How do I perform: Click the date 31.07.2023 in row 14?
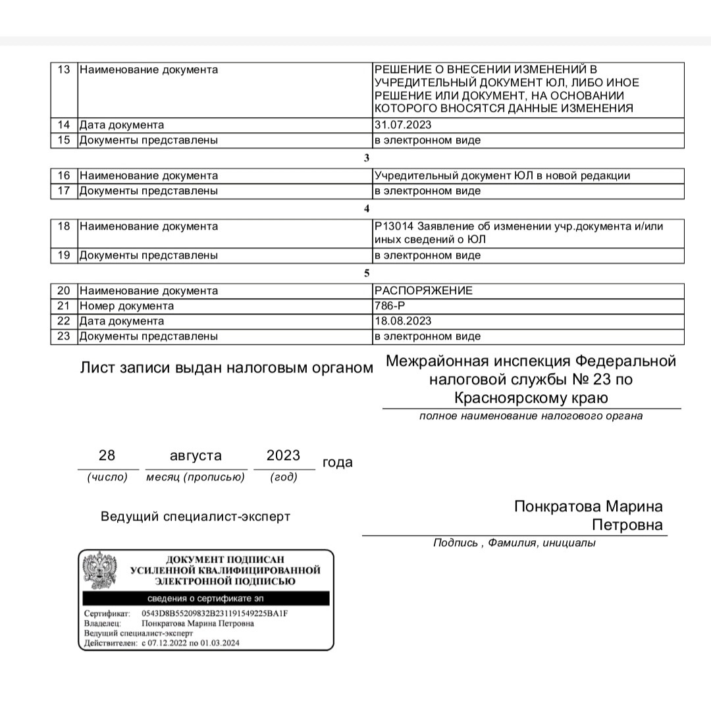pyautogui.click(x=403, y=125)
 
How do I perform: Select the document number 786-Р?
pyautogui.click(x=390, y=306)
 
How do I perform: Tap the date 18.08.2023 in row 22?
pyautogui.click(x=403, y=321)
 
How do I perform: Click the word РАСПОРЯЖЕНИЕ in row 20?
pyautogui.click(x=423, y=291)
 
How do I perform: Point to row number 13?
pyautogui.click(x=64, y=70)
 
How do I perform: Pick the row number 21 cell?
pyautogui.click(x=64, y=306)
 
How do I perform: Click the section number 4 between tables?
pyautogui.click(x=367, y=209)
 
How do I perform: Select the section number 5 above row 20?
pyautogui.click(x=367, y=273)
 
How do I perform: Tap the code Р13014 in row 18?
pyautogui.click(x=394, y=226)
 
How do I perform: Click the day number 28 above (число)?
pyautogui.click(x=107, y=455)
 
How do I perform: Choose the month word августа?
pyautogui.click(x=196, y=455)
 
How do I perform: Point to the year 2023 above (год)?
pyautogui.click(x=283, y=455)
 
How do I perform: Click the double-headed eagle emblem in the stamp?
pyautogui.click(x=99, y=570)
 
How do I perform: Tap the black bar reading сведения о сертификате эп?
pyautogui.click(x=205, y=598)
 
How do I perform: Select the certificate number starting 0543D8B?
pyautogui.click(x=215, y=614)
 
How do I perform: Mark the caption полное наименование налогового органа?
pyautogui.click(x=531, y=416)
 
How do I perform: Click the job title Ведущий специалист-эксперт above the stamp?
pyautogui.click(x=196, y=517)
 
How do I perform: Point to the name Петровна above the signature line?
pyautogui.click(x=627, y=526)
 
